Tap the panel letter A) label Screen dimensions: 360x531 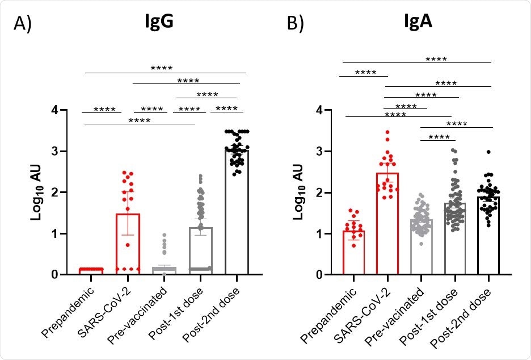24,26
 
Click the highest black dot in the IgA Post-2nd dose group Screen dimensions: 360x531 488,152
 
